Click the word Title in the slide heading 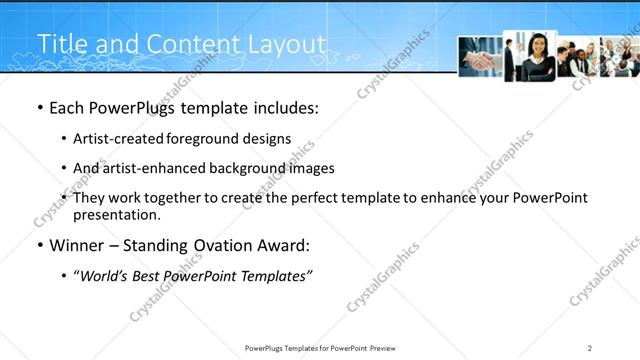click(61, 44)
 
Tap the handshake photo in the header click(480, 58)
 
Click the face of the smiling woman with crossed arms click(537, 45)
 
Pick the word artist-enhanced click(147, 169)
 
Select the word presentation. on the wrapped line click(117, 215)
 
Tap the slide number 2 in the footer click(590, 348)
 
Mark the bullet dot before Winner click(39, 246)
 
